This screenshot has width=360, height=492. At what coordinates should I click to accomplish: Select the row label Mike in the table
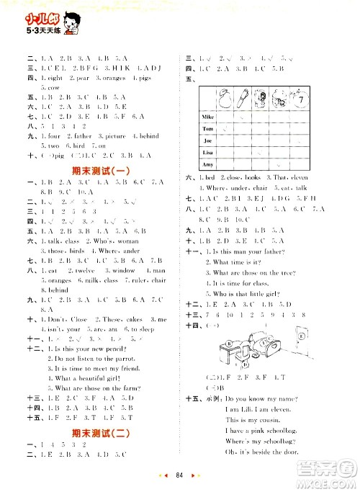(x=208, y=115)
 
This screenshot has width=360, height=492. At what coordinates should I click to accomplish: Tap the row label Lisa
(x=208, y=153)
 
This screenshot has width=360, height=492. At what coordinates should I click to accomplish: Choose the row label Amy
(x=208, y=166)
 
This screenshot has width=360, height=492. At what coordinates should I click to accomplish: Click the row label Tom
(x=208, y=128)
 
